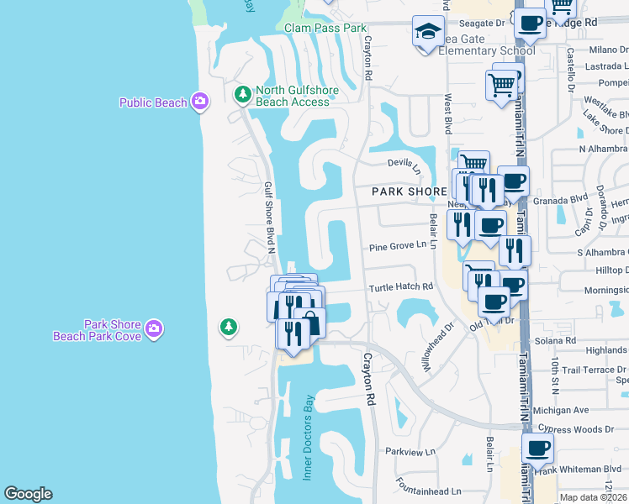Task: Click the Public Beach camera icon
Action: coord(199,102)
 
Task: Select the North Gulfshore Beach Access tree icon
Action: coord(242,94)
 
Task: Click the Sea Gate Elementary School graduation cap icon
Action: coord(428,33)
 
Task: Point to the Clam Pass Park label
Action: coord(325,28)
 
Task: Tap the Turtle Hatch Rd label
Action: coord(400,287)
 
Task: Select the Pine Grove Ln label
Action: coord(398,247)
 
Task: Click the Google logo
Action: coord(28,494)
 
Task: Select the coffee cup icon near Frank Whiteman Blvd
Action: coord(537,448)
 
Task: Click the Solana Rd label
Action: coord(559,340)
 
